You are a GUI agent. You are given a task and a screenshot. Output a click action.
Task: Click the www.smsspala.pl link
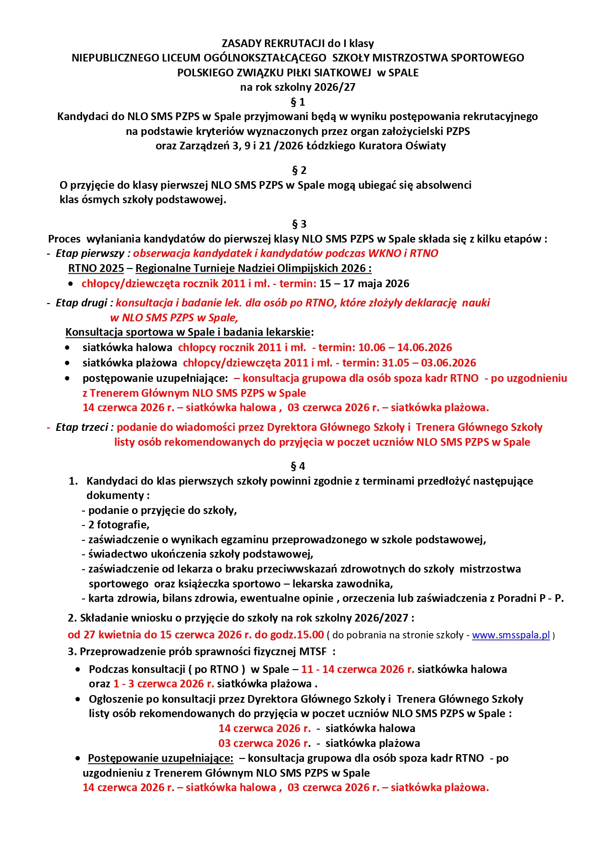511,635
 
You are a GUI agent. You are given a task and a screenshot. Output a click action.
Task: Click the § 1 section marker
298,102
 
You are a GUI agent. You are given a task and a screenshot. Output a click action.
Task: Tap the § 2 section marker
299,171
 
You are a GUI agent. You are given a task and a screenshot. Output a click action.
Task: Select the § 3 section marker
299,224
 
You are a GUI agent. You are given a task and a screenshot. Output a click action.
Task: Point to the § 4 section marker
298,466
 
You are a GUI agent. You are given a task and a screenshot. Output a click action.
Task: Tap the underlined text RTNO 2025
96,268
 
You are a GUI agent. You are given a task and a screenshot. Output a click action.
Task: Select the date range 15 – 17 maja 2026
364,283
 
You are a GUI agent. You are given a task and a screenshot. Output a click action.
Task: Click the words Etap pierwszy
90,253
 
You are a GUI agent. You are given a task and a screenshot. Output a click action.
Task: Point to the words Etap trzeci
82,427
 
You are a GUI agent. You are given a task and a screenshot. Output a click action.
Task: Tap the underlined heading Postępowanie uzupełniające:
160,758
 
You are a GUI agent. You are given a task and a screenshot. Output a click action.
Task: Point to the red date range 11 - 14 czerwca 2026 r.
358,669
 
